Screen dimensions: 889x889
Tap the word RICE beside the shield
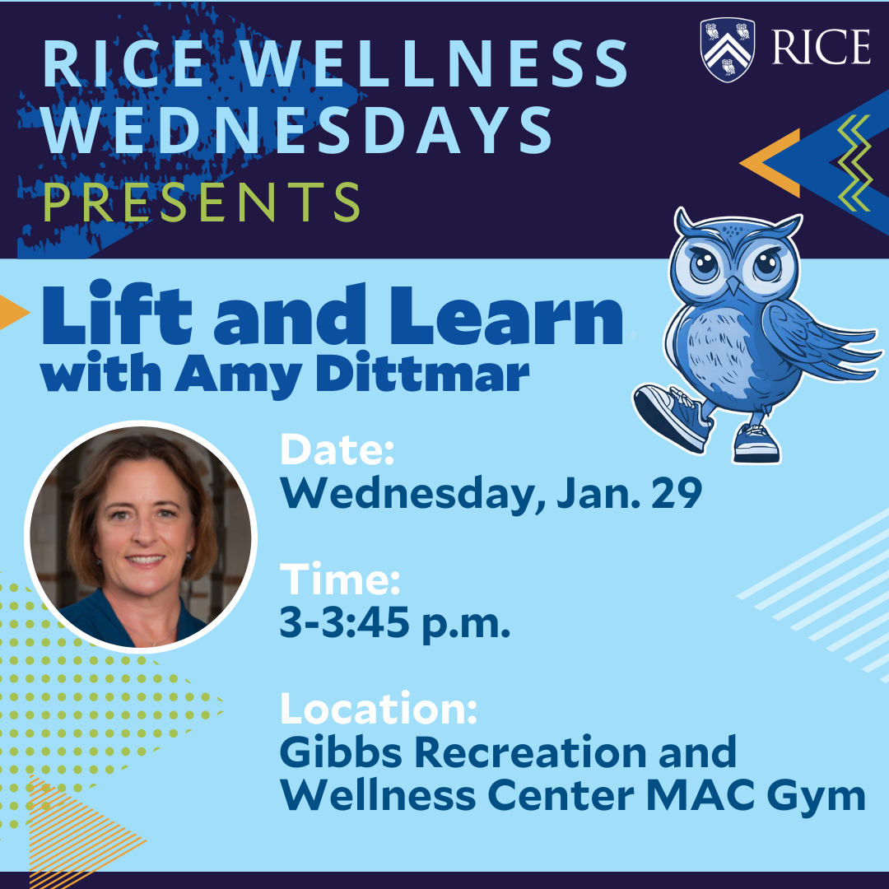coord(821,48)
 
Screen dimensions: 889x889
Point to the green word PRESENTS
coord(202,202)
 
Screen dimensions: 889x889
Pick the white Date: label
coord(337,451)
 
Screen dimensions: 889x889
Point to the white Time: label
coord(340,580)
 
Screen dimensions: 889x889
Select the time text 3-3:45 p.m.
coord(395,624)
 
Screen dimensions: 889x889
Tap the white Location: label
coord(378,710)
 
